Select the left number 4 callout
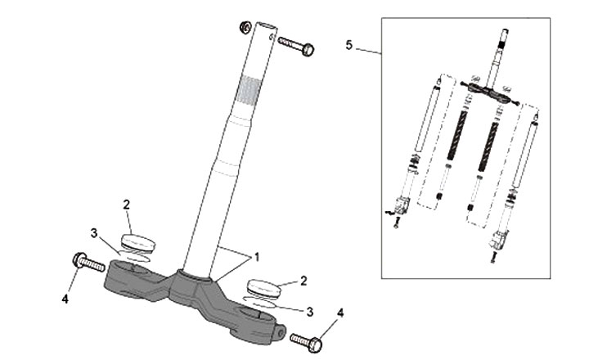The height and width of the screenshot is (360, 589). coord(65,299)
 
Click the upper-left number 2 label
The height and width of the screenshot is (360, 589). coord(126,204)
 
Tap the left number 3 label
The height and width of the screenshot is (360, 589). coord(94,233)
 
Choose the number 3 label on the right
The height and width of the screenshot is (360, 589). coord(308,310)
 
